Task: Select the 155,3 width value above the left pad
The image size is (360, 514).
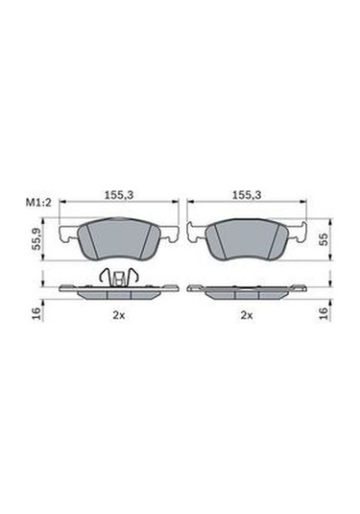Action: pos(118,193)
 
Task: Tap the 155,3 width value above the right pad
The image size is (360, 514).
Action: pos(246,193)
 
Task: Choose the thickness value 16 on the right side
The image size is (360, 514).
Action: pos(324,313)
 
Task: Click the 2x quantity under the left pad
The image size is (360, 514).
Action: pos(118,314)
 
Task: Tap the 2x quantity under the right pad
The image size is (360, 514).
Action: pos(246,314)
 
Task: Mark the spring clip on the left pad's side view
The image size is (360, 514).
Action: pos(118,277)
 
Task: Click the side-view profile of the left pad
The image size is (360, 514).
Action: pos(118,291)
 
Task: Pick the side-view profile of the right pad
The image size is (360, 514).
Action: pos(246,291)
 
